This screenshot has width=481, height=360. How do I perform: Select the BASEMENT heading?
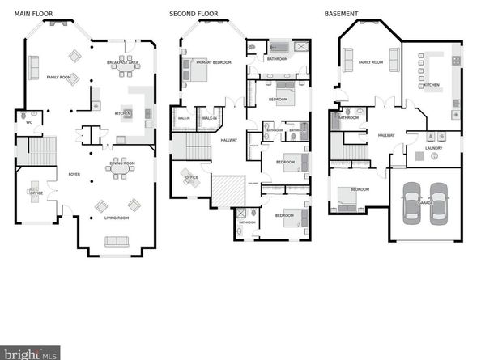341,14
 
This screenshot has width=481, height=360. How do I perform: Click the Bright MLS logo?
30,354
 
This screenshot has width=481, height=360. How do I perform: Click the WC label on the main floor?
29,121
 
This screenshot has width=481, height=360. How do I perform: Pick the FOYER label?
74,172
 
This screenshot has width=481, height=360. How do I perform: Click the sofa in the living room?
117,240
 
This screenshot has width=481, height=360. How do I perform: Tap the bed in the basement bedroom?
350,199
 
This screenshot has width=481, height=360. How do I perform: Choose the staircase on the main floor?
42,150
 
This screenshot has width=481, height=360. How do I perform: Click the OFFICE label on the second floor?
191,176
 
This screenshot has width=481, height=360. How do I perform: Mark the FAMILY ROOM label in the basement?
371,61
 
